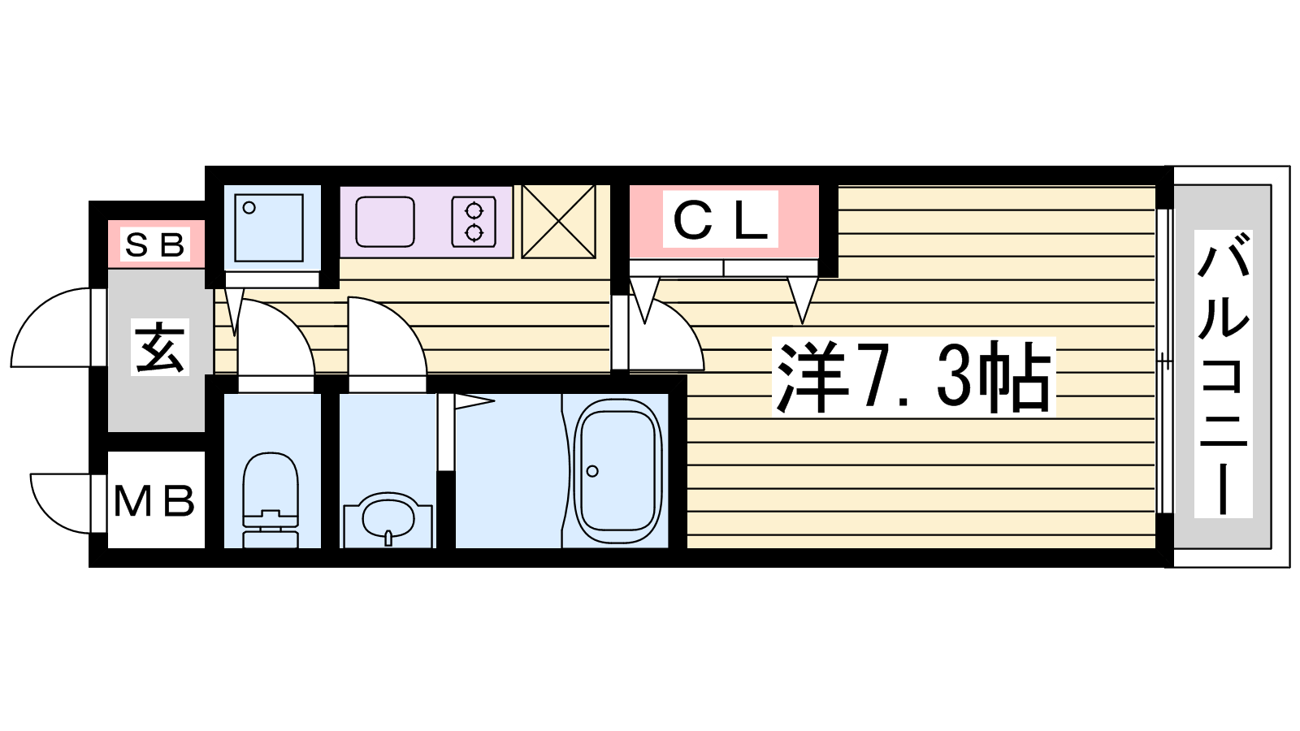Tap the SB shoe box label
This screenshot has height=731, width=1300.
155,244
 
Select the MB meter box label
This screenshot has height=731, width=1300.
154,501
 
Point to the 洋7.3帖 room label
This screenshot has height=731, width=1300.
913,376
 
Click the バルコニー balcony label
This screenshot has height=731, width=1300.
1224,374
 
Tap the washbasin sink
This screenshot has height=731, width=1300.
388,520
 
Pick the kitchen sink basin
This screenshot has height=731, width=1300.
385,222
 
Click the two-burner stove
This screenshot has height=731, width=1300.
474,222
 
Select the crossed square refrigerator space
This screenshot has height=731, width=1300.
559,222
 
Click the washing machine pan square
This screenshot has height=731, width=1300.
269,228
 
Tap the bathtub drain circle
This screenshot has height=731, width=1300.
592,471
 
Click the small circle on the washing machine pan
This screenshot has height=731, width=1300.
249,208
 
